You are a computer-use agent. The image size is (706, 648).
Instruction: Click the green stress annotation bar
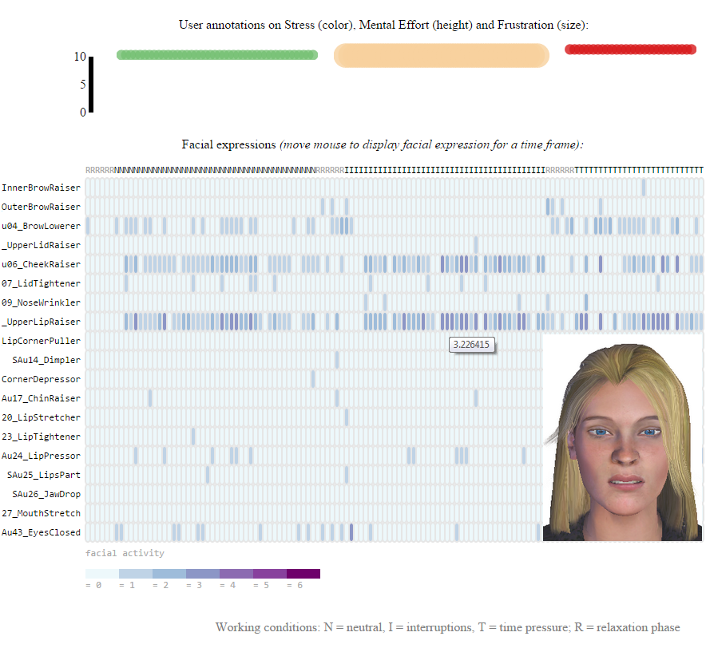coord(216,55)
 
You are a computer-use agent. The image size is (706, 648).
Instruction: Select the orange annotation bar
coord(441,55)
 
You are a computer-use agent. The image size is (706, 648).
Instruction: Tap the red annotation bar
coord(630,49)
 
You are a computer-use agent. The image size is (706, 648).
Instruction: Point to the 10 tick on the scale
coord(80,57)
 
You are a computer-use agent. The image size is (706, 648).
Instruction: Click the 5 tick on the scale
coord(82,85)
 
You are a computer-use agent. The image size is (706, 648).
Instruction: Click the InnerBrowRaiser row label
coord(41,188)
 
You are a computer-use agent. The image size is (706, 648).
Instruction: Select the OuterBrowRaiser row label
coord(41,207)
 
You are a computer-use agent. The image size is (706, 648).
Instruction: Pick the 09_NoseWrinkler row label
coord(41,302)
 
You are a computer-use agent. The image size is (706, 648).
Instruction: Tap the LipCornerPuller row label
coord(41,341)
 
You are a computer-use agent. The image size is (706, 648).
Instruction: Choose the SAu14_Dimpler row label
coord(46,360)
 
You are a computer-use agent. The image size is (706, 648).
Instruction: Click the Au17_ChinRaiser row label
coord(41,398)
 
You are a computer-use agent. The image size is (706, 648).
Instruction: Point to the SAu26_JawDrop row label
coord(46,494)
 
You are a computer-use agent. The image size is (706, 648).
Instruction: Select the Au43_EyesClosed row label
coord(41,532)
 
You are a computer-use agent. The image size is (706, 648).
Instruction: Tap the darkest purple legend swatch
coord(303,574)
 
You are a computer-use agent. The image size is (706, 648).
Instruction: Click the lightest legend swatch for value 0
coord(101,574)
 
